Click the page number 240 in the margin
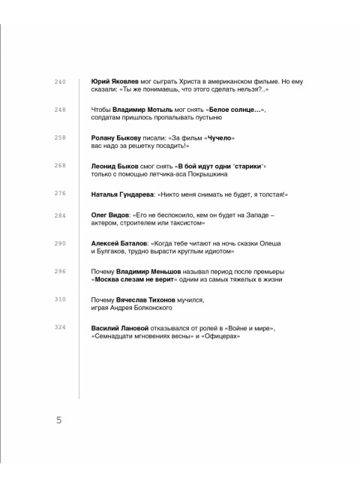point(61,81)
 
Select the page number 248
point(61,110)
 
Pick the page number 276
point(61,194)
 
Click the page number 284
point(61,215)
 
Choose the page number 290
point(61,243)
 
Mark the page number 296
point(61,271)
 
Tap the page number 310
point(61,300)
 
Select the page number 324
point(61,327)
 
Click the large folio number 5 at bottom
point(58,420)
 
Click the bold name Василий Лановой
point(120,327)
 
